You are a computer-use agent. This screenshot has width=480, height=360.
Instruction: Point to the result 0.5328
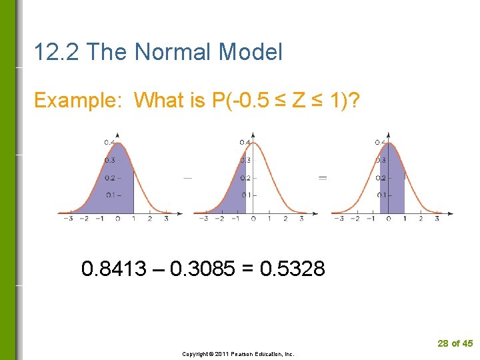(293, 269)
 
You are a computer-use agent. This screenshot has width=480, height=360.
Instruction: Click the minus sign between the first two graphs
(187, 178)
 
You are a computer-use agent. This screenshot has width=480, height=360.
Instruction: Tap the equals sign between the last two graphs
(323, 178)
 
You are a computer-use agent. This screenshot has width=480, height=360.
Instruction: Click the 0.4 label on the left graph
(108, 143)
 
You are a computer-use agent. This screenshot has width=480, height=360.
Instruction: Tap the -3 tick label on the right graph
(339, 219)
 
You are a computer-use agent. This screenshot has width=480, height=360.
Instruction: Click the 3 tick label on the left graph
(165, 219)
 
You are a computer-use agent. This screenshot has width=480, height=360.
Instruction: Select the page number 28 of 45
(455, 343)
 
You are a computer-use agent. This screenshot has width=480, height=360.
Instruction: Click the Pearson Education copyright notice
(238, 354)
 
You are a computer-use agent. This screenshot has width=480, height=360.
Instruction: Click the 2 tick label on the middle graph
(285, 219)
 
